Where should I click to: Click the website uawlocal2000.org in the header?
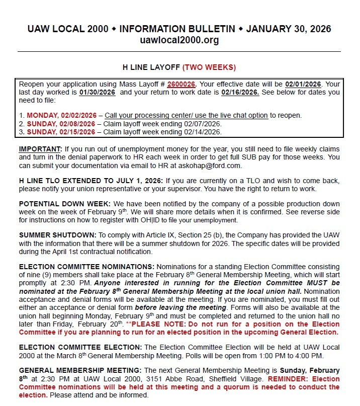[x=179, y=40]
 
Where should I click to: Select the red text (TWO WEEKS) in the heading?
[x=209, y=67]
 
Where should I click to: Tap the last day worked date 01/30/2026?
[x=98, y=93]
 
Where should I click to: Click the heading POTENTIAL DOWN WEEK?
[x=64, y=204]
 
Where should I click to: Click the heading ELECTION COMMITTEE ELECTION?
[x=80, y=348]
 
